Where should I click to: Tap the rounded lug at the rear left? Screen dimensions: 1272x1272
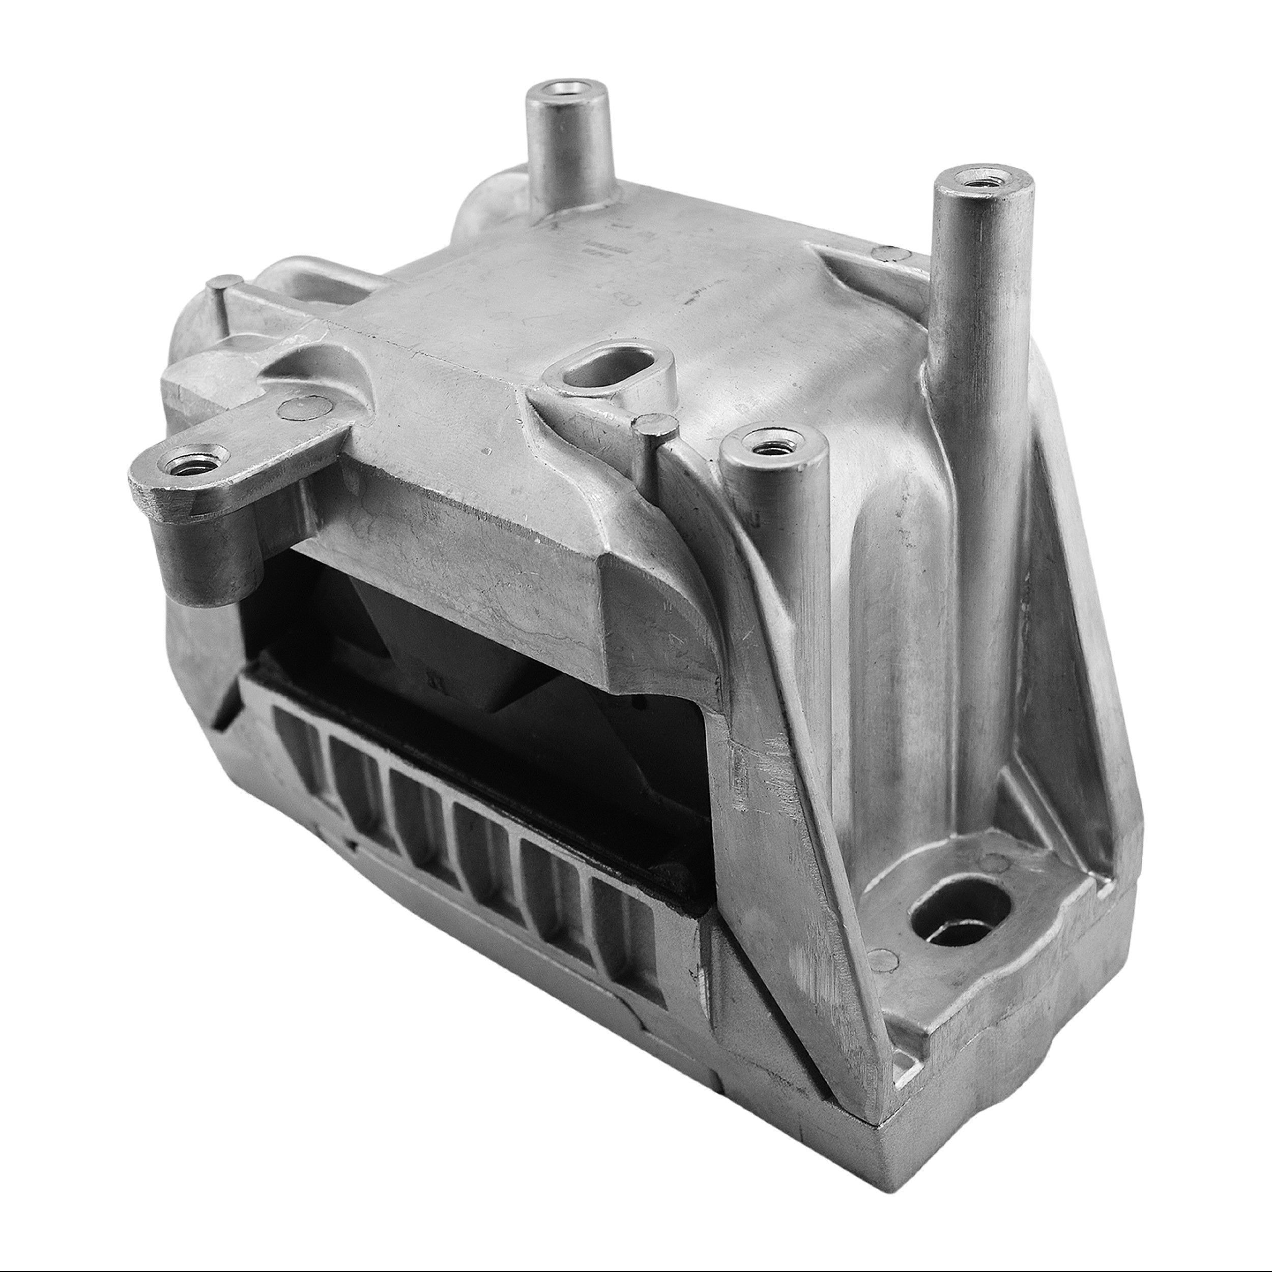[x=487, y=197]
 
